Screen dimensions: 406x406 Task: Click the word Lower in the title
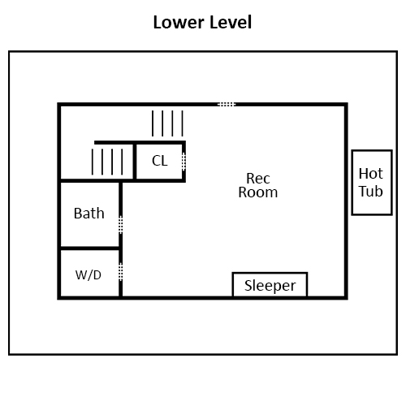[x=179, y=22]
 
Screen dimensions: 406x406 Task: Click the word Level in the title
[x=231, y=22]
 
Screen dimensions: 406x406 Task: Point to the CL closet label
[x=160, y=161]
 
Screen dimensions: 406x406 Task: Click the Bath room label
[x=89, y=214]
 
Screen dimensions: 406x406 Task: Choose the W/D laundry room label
[x=89, y=275]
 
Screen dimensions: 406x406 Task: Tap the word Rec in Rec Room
[x=258, y=179]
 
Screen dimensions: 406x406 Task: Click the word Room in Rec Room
[x=258, y=192]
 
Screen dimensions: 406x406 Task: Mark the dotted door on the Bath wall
[x=121, y=225]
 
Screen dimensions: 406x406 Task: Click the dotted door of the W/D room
[x=121, y=271]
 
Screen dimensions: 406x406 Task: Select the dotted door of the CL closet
[x=184, y=162]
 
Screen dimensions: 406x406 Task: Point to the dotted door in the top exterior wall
[x=227, y=104]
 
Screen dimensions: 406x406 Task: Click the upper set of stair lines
[x=167, y=123]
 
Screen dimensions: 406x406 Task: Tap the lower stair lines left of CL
[x=107, y=162]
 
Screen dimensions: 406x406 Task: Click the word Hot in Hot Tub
[x=371, y=174]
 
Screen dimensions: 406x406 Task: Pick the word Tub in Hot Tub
[x=371, y=191]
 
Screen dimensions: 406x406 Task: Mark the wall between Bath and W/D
[x=90, y=248]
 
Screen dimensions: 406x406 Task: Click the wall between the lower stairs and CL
[x=135, y=162]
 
